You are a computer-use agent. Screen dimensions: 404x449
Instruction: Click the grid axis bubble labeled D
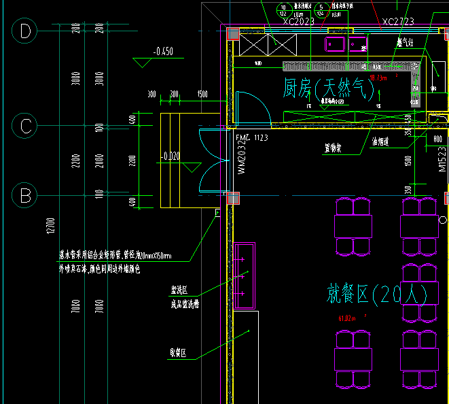click(x=26, y=31)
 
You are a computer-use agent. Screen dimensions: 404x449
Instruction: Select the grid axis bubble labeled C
click(x=26, y=126)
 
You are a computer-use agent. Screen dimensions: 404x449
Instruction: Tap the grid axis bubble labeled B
click(x=26, y=196)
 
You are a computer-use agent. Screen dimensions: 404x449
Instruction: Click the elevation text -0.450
click(x=163, y=52)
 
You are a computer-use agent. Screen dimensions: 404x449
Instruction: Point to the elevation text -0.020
click(x=170, y=156)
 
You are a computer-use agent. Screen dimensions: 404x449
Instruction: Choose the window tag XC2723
click(x=398, y=22)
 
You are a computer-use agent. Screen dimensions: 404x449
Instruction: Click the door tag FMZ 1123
click(x=252, y=138)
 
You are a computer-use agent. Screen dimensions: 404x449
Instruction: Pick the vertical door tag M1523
click(x=442, y=161)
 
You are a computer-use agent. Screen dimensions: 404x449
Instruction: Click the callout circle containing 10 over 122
click(x=283, y=11)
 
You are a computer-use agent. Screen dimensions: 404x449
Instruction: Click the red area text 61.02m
click(x=348, y=318)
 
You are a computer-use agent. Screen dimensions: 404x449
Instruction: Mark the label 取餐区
click(x=178, y=353)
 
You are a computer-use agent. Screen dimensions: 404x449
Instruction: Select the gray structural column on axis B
click(x=234, y=198)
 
